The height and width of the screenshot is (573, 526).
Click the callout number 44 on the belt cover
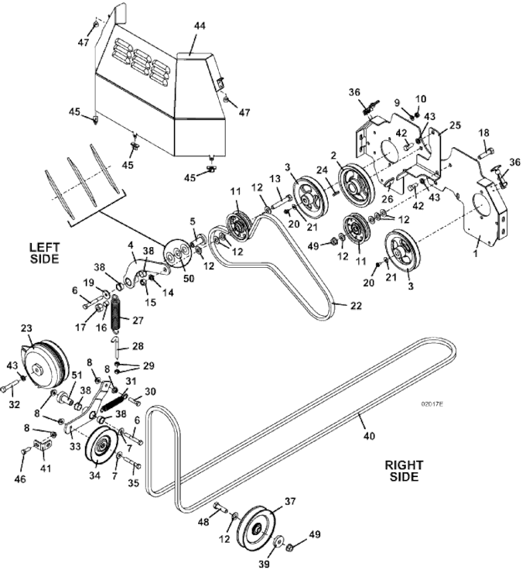pos(200,26)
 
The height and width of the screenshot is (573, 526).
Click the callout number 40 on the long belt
pos(368,437)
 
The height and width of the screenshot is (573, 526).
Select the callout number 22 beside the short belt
pos(356,307)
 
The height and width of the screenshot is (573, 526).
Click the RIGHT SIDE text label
pos(403,471)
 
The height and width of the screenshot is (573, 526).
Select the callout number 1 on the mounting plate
pos(476,251)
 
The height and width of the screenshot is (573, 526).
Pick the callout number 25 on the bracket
pos(455,125)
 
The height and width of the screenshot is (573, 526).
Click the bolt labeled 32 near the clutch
pos(13,384)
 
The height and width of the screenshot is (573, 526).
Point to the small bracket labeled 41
pos(44,446)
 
